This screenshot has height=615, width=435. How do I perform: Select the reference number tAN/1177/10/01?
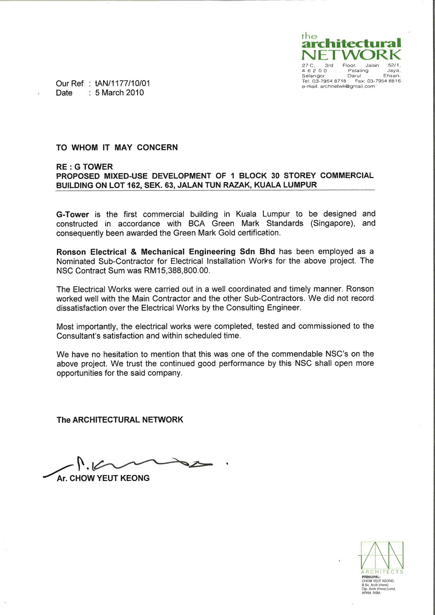tap(122, 84)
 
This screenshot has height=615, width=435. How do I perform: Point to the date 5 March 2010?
tap(119, 93)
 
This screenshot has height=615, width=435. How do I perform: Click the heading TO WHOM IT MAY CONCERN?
tap(117, 148)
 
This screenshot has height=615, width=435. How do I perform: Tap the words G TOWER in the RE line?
tap(93, 167)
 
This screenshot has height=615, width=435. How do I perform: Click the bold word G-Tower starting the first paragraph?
tap(72, 215)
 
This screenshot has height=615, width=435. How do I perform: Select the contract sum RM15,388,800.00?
tap(176, 270)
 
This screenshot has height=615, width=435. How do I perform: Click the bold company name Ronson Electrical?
tap(91, 252)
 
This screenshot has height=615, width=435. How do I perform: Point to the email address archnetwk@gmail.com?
tap(347, 86)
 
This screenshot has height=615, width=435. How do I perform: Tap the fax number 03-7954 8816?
tap(384, 81)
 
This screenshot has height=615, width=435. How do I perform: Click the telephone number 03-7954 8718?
tap(329, 81)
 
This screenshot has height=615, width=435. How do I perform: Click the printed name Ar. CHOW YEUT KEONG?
tap(103, 478)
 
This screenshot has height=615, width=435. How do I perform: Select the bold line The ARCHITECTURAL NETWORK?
tap(120, 420)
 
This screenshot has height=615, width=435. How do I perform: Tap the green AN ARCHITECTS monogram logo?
tap(382, 556)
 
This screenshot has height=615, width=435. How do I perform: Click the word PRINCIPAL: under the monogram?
tap(371, 577)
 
